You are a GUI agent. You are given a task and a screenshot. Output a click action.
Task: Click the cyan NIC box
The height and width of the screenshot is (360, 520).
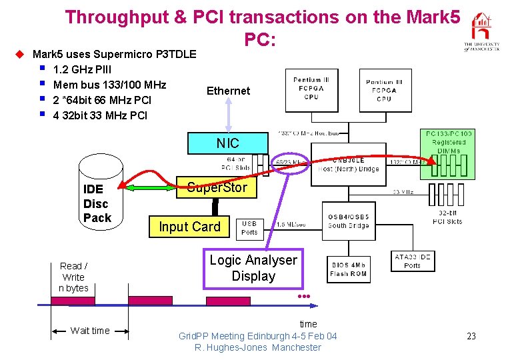pyautogui.click(x=227, y=143)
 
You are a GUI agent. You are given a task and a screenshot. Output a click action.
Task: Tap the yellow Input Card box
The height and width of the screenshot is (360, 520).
pyautogui.click(x=189, y=227)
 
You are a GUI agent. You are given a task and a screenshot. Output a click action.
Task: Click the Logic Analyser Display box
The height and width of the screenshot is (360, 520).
pyautogui.click(x=253, y=268)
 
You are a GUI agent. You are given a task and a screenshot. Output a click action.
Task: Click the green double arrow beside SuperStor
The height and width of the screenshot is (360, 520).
pyautogui.click(x=151, y=188)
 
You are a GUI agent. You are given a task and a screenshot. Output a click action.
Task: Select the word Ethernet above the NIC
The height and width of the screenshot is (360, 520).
pyautogui.click(x=228, y=91)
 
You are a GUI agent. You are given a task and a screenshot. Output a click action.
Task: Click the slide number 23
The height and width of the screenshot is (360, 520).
pyautogui.click(x=471, y=336)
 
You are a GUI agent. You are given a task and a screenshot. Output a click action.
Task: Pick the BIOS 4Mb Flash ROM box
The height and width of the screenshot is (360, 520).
pyautogui.click(x=348, y=269)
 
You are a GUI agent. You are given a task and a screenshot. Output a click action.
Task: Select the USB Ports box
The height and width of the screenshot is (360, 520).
pyautogui.click(x=249, y=227)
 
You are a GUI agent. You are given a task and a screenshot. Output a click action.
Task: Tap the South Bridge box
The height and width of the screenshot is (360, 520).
pyautogui.click(x=348, y=221)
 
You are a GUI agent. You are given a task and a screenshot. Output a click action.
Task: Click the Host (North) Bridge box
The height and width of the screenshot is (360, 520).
pyautogui.click(x=348, y=164)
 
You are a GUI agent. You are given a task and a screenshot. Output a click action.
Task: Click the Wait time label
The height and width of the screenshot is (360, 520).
pyautogui.click(x=90, y=331)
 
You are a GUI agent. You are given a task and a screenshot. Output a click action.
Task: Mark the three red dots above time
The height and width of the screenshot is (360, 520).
pyautogui.click(x=305, y=295)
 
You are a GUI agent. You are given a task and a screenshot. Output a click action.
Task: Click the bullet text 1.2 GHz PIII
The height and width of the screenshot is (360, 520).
pyautogui.click(x=82, y=69)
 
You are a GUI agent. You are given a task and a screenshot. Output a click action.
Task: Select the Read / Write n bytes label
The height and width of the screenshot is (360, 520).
pyautogui.click(x=73, y=277)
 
